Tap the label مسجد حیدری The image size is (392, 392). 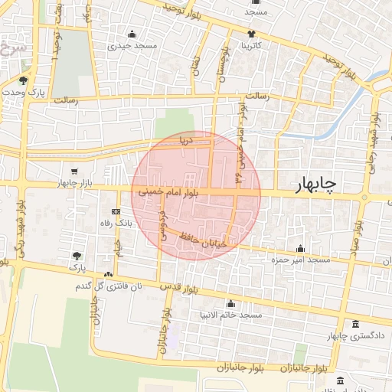[x=132, y=47]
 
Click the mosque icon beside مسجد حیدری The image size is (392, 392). [x=132, y=34]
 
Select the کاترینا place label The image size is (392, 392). [x=252, y=46]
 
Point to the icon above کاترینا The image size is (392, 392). [x=252, y=34]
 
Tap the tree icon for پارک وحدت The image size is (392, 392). [x=24, y=80]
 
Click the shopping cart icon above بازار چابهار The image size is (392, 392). [x=74, y=171]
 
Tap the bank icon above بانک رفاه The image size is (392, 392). [x=116, y=211]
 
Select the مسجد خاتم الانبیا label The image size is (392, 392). [x=230, y=315]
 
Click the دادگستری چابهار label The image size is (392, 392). [x=354, y=336]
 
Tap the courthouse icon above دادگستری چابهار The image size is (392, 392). [x=354, y=324]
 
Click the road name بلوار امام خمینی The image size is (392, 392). [x=168, y=194]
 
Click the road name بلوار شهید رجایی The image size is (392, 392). [x=376, y=138]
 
